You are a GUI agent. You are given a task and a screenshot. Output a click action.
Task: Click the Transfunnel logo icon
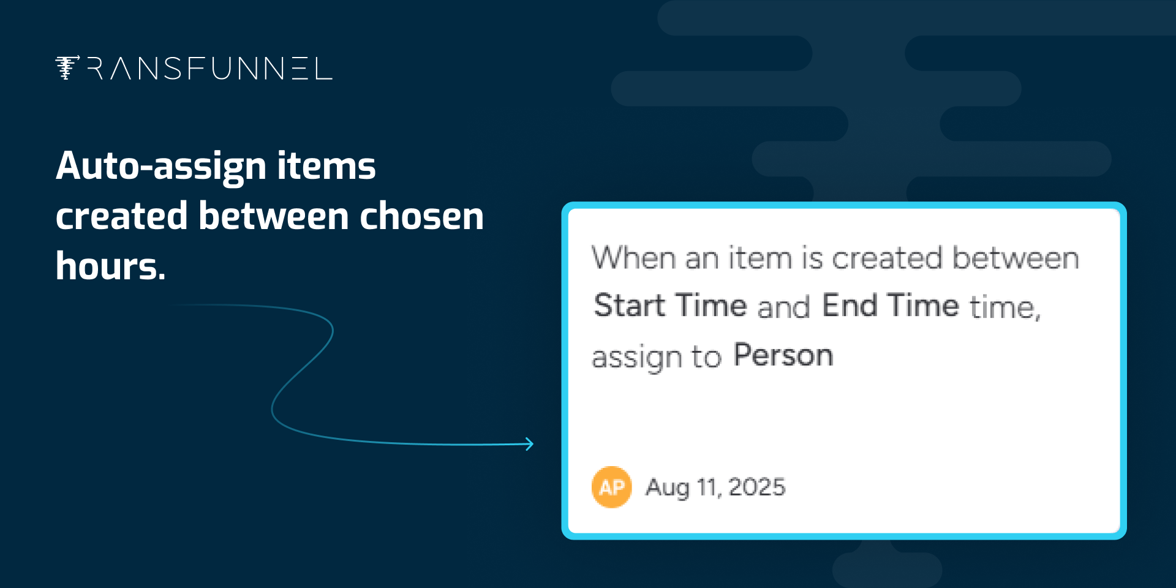(67, 67)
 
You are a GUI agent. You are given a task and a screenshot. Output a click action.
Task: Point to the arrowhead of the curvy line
(530, 444)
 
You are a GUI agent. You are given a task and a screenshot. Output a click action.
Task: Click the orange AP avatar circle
(611, 487)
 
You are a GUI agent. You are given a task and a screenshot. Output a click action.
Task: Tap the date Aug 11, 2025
(715, 488)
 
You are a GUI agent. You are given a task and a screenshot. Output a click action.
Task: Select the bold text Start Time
(671, 305)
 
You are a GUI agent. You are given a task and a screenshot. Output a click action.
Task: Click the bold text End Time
(890, 305)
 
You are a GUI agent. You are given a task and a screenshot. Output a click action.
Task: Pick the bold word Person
(783, 355)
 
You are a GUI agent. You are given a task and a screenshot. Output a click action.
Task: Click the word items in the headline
(326, 167)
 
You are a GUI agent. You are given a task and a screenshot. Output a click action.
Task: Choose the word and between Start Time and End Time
(784, 306)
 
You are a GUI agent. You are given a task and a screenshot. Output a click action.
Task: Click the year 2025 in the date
(756, 487)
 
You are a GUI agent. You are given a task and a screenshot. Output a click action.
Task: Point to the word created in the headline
(121, 216)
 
